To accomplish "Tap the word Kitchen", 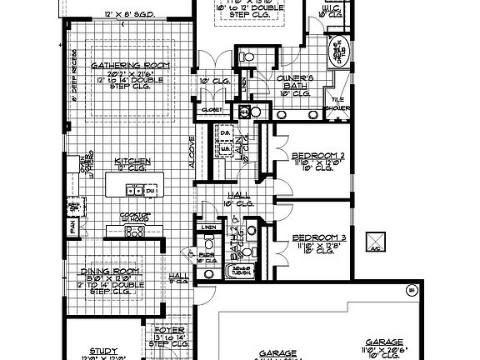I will (x=132, y=160).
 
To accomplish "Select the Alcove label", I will (x=192, y=152).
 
